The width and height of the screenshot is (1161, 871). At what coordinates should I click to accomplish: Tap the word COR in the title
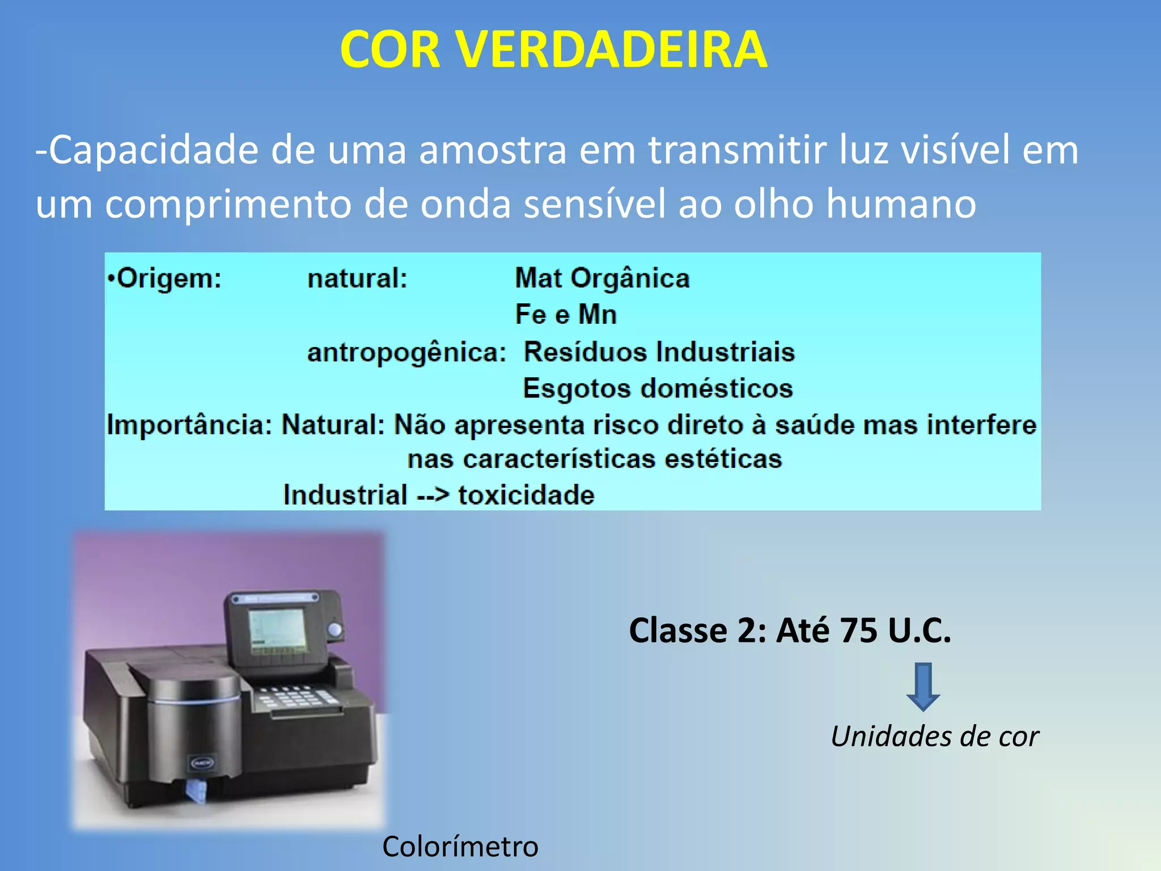(391, 50)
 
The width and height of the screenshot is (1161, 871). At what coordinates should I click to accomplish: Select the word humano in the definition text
(901, 204)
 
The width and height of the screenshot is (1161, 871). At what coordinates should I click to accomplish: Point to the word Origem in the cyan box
(168, 278)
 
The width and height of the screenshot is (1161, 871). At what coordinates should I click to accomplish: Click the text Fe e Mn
(566, 314)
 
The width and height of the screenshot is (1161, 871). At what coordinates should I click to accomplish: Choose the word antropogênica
(406, 352)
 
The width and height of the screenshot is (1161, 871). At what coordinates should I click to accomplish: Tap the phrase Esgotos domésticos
(658, 388)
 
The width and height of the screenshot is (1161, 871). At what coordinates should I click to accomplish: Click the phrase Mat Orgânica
(602, 278)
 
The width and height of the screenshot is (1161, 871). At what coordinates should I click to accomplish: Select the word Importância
(189, 425)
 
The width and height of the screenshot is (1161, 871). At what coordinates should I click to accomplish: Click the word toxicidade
(526, 495)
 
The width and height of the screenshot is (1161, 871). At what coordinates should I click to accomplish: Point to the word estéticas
(723, 459)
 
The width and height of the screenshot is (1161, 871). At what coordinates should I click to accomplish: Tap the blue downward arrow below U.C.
(923, 687)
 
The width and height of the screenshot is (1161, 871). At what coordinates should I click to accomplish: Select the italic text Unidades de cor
(934, 737)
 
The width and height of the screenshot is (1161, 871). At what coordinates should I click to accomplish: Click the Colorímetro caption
(460, 847)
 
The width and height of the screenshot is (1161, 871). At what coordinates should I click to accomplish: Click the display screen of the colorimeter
(277, 631)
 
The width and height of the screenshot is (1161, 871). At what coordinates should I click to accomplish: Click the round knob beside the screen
(336, 629)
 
